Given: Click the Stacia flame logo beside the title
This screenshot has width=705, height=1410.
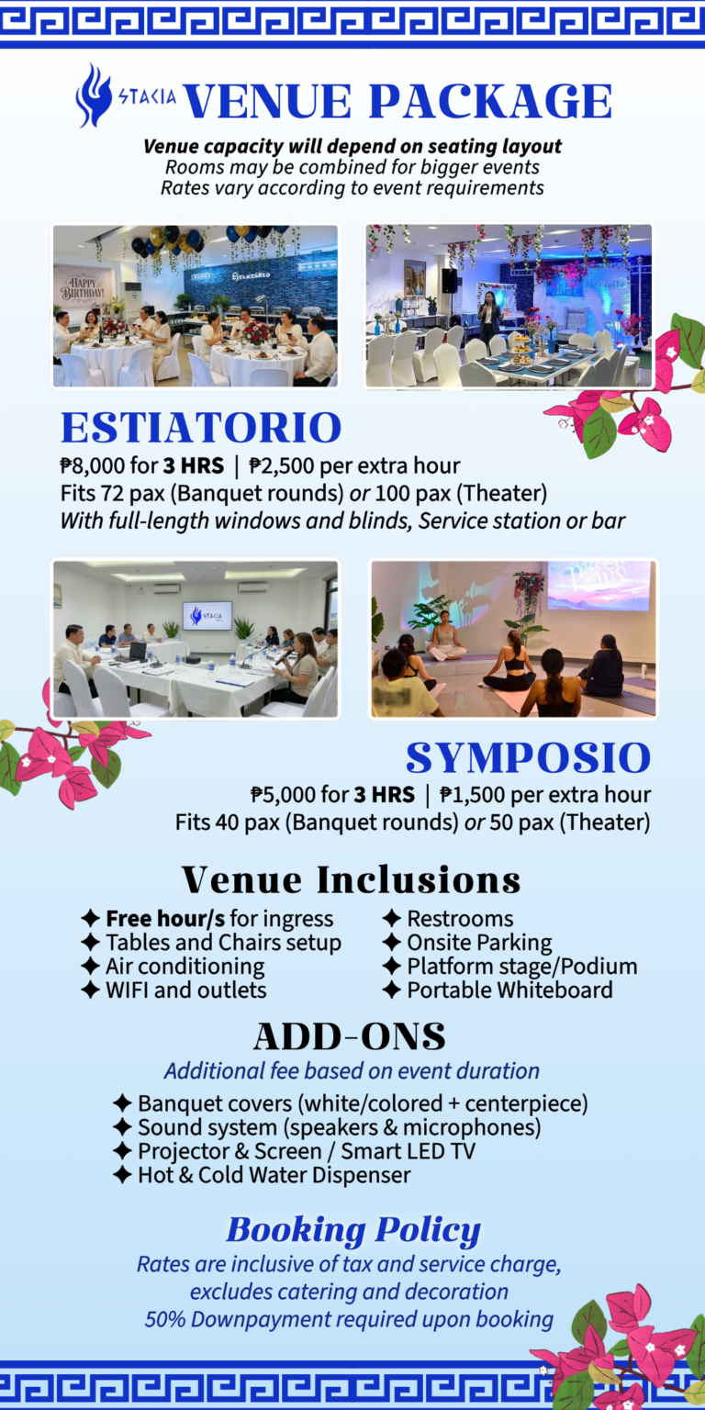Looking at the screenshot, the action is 93,95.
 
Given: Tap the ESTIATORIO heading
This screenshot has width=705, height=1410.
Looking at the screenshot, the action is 201,428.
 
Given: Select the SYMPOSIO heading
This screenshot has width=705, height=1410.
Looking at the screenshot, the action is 528,757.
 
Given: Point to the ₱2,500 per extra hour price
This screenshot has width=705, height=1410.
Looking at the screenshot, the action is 355,465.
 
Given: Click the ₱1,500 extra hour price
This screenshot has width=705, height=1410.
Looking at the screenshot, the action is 545,794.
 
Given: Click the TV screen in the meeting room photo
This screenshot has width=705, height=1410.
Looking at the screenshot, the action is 207,615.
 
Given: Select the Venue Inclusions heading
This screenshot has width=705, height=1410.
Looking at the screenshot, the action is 352,879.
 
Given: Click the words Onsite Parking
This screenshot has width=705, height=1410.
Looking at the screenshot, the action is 480,943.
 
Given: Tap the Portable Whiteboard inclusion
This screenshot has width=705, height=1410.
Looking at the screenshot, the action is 509,990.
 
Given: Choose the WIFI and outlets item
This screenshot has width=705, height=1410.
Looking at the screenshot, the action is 185,990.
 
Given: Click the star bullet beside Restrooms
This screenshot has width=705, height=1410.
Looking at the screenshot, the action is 392,918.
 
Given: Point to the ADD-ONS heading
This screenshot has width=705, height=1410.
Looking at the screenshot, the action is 350,1036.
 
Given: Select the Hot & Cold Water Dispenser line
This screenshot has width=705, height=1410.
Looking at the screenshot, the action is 274,1175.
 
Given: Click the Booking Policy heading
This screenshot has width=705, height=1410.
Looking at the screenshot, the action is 353,1229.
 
